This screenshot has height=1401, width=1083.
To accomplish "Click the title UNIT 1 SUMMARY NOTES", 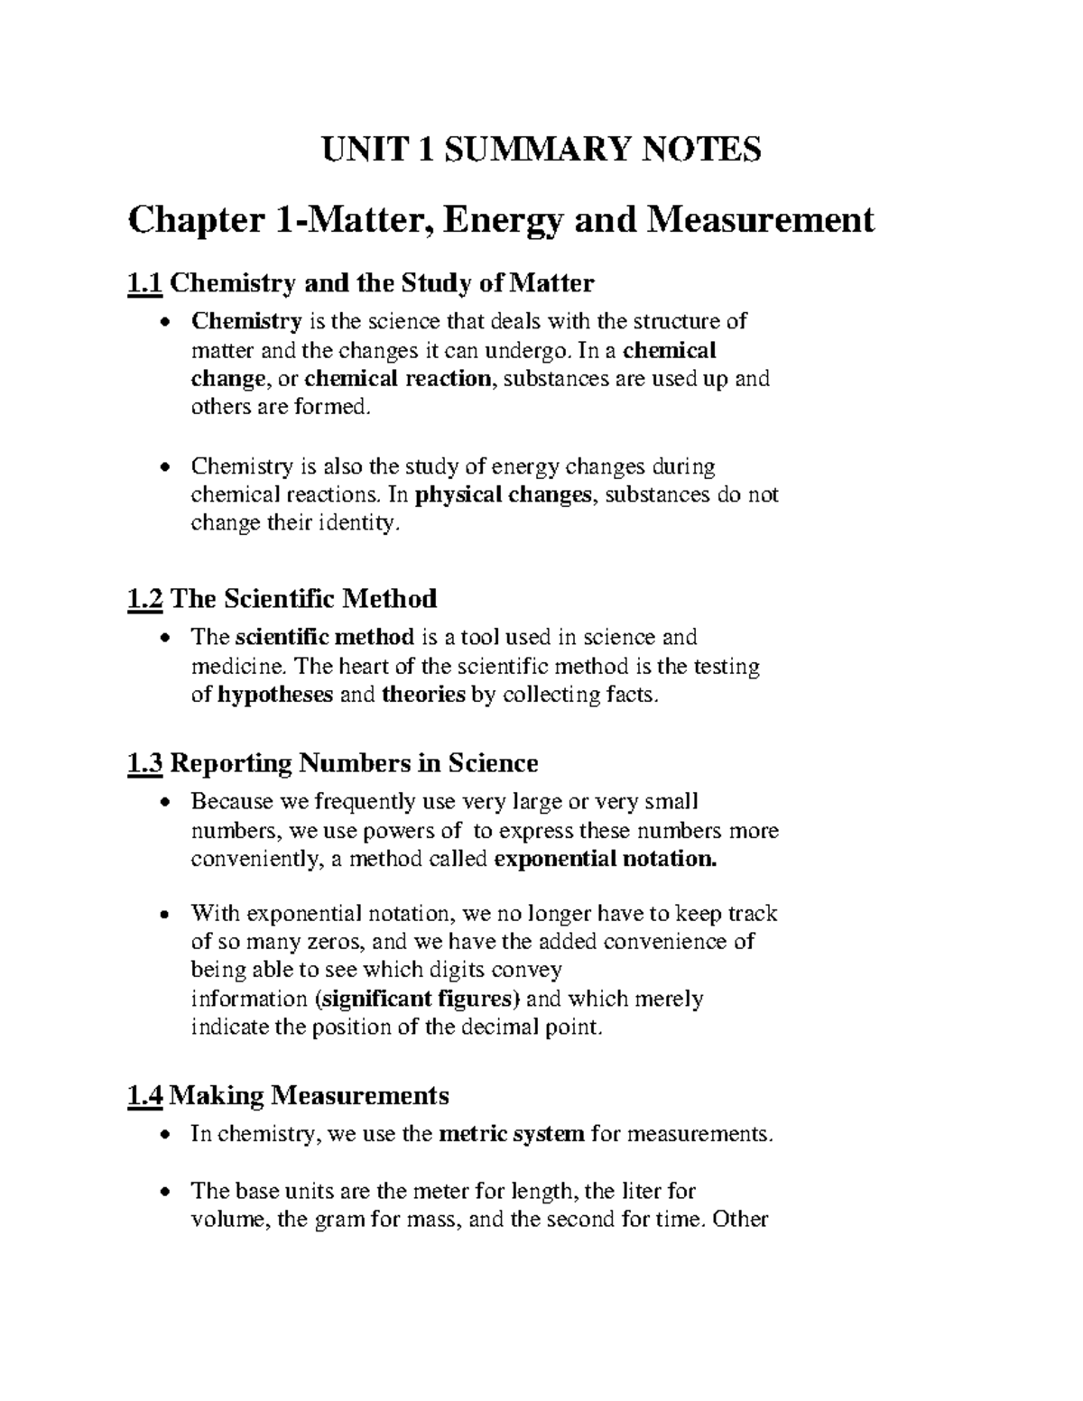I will tap(541, 150).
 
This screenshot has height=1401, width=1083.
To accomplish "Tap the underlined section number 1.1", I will tap(145, 284).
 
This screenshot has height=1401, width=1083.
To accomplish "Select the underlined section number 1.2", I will tap(145, 599).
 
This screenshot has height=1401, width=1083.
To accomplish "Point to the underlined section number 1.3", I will tap(145, 764).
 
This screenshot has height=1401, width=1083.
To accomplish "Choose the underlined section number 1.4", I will tap(145, 1096).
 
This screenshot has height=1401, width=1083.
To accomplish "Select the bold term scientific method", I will tap(325, 638).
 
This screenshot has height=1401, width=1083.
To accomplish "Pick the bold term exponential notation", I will tap(606, 859).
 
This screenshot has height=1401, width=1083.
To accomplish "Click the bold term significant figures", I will tap(421, 1000).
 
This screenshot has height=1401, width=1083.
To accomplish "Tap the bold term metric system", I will tap(511, 1134).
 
